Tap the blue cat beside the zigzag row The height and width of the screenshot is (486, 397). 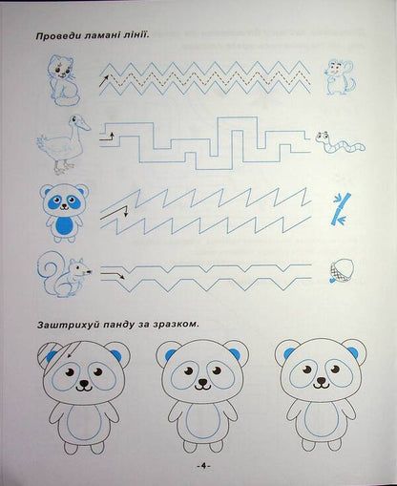(x=63, y=77)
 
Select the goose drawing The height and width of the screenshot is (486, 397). (x=61, y=143)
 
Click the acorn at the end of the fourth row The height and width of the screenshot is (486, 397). (x=336, y=274)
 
